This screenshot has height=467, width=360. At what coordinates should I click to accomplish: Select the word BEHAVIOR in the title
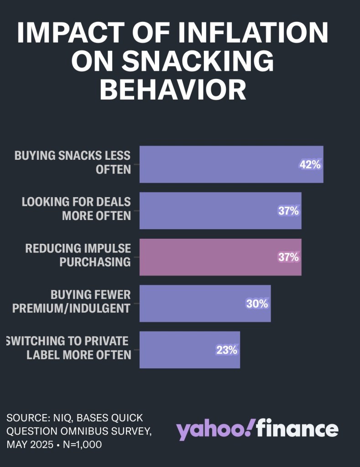(x=173, y=89)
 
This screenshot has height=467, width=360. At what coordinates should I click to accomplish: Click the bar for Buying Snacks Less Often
(x=219, y=164)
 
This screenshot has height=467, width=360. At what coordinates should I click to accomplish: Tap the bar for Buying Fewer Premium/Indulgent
(x=192, y=303)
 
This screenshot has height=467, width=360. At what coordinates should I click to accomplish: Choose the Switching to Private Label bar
(x=178, y=350)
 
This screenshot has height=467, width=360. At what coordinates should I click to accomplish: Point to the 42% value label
(x=310, y=165)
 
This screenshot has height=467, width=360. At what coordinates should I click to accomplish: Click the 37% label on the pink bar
(x=288, y=257)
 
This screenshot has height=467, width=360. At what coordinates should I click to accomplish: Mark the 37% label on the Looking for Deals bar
(x=288, y=211)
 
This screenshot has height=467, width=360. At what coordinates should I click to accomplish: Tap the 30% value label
(x=257, y=303)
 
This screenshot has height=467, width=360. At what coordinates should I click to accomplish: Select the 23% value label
(x=227, y=350)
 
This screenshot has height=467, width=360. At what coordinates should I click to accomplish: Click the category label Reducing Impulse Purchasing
(x=78, y=255)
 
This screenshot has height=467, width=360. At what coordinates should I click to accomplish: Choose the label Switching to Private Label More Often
(x=68, y=348)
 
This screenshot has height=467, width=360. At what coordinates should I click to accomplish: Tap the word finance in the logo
(x=297, y=429)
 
